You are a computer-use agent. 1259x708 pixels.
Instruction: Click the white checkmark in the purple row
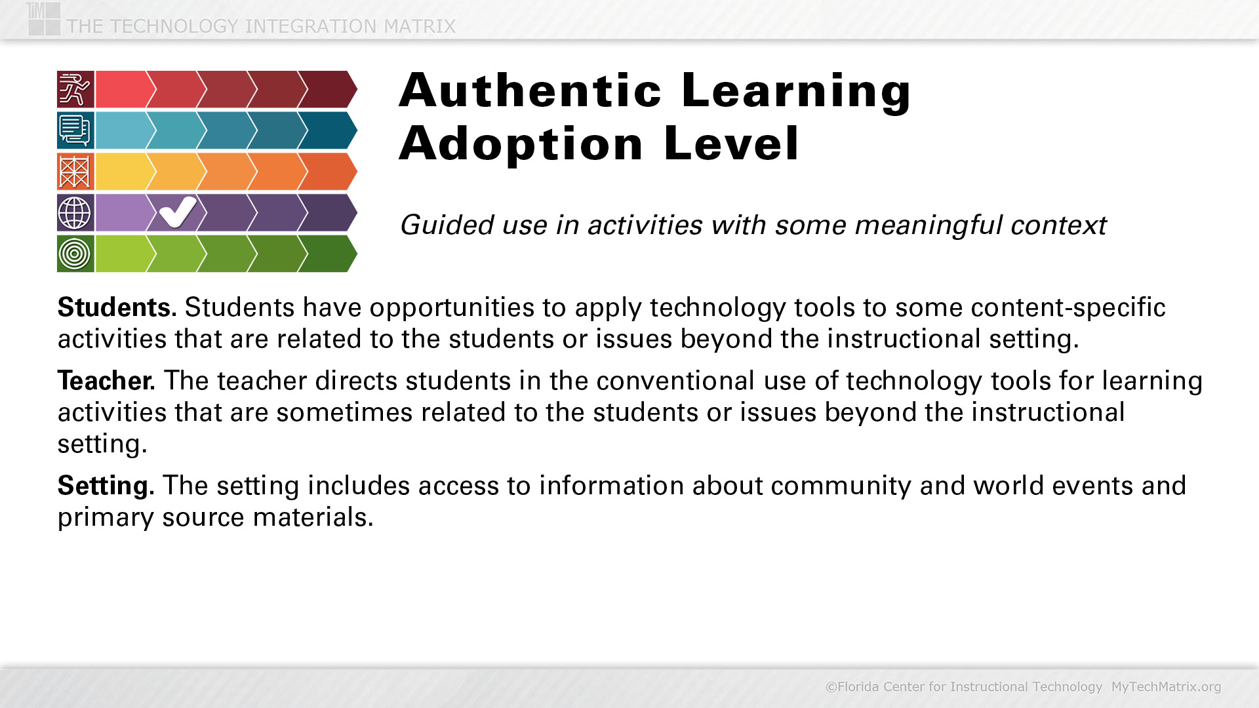click(177, 212)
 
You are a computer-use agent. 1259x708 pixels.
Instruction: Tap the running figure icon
click(75, 89)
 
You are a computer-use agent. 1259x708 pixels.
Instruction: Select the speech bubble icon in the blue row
click(75, 130)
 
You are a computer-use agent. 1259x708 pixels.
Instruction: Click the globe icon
click(75, 212)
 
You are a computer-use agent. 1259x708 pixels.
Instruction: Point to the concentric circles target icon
click(75, 254)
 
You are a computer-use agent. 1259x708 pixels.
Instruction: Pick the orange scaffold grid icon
click(75, 172)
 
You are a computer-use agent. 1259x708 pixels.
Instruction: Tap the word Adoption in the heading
click(521, 144)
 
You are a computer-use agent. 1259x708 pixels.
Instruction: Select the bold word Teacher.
click(106, 380)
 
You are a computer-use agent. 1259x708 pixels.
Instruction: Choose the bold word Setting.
click(106, 486)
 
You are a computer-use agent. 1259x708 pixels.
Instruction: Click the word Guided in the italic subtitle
click(447, 225)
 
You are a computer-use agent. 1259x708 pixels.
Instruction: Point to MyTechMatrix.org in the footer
click(1166, 686)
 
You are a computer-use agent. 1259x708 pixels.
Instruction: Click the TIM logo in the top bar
click(44, 18)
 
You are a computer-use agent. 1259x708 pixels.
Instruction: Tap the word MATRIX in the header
click(420, 26)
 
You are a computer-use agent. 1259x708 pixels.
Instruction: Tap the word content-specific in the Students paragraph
click(1068, 307)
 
